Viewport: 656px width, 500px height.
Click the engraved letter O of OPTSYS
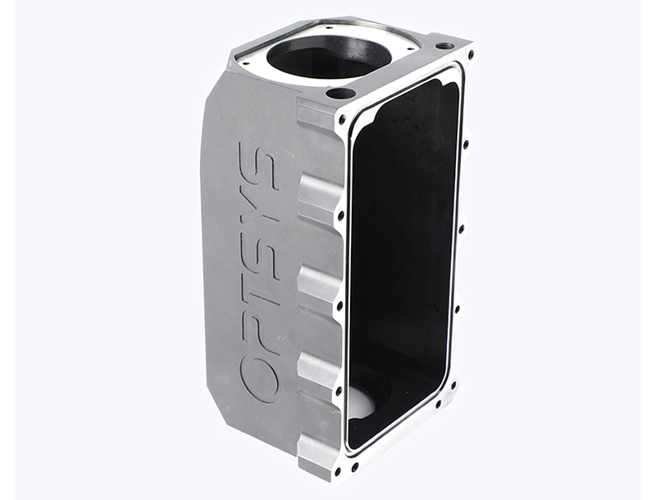[259, 376]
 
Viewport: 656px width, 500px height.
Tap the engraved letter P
[257, 326]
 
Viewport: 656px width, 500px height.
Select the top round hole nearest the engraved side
[336, 92]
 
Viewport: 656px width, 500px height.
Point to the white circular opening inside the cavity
[363, 402]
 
